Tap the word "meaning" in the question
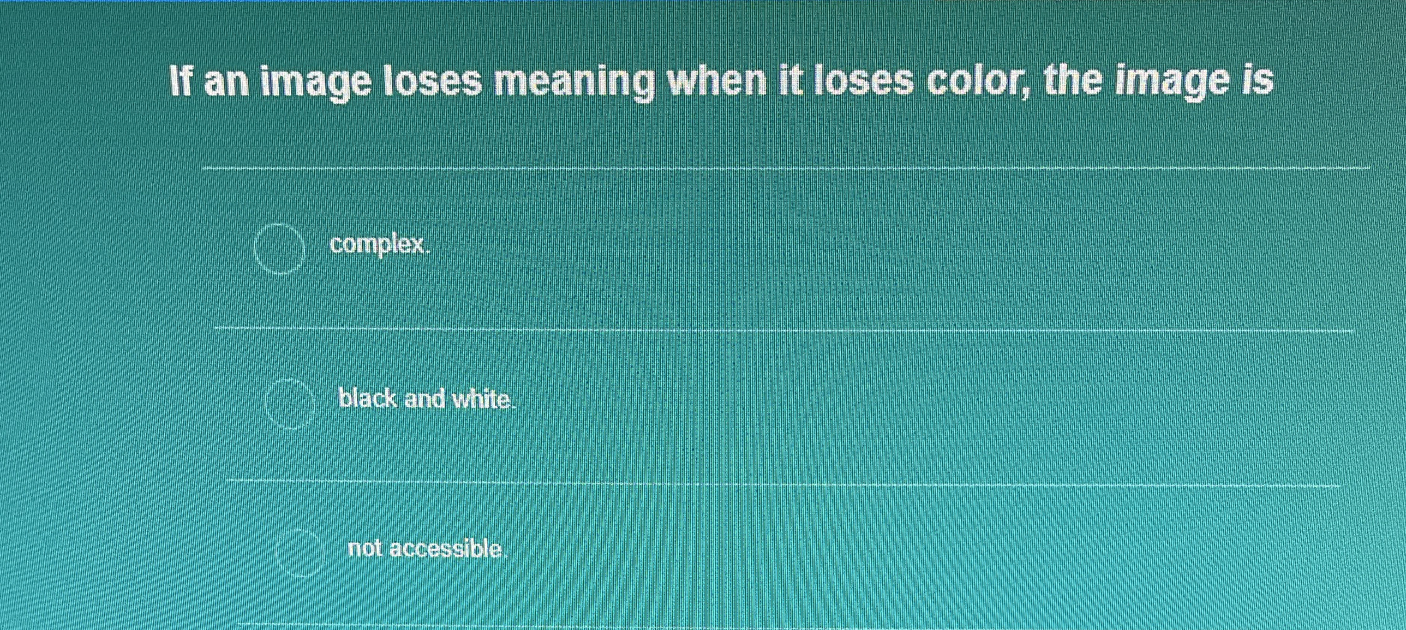coord(574,83)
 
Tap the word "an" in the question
coord(226,83)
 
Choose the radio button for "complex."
coord(279,248)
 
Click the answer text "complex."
coord(380,245)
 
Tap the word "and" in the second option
coord(425,399)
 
